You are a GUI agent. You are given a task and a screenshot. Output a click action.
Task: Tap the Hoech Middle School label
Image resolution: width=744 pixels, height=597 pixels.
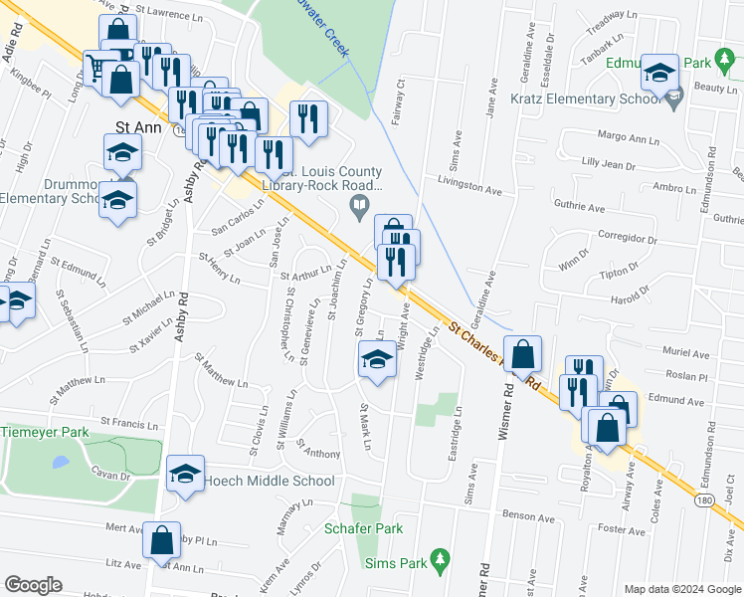(270, 481)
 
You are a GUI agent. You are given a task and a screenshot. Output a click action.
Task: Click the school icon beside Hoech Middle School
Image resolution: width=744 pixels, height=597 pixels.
(186, 476)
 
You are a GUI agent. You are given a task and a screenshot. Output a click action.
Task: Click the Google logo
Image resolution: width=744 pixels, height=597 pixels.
(33, 585)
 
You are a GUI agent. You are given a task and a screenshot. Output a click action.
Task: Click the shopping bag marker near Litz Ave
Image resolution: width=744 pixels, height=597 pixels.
(162, 541)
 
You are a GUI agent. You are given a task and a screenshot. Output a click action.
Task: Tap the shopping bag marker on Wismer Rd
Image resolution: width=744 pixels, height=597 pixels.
(522, 354)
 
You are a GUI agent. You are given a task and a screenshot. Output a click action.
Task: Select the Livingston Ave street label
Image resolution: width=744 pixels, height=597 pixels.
(470, 186)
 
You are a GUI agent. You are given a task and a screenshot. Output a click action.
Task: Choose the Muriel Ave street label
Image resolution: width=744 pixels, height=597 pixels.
(686, 354)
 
